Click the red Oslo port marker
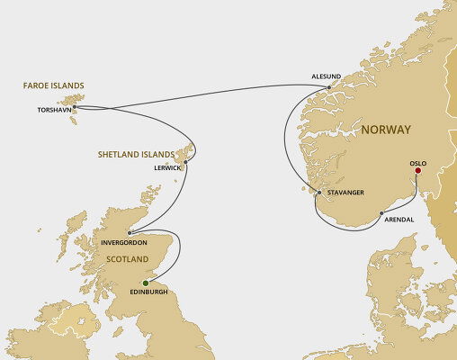(417, 170)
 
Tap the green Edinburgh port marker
(145, 283)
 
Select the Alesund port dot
(329, 87)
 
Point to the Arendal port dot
(381, 213)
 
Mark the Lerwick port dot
(185, 162)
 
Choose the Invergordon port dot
(130, 231)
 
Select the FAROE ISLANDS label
(53, 87)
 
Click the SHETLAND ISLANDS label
(138, 154)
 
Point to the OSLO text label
(417, 162)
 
